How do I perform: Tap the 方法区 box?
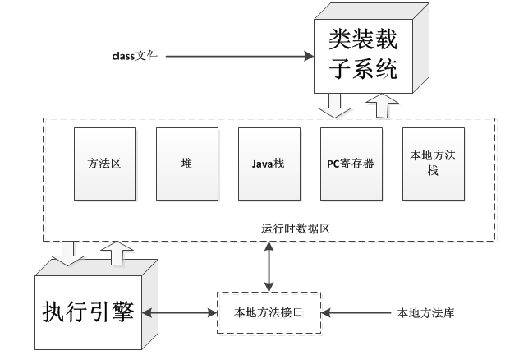click(103, 164)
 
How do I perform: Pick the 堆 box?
click(186, 164)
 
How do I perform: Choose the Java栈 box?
click(269, 164)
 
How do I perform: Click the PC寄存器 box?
click(351, 164)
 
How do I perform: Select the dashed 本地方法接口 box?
click(268, 312)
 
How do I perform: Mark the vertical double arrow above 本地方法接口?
click(268, 266)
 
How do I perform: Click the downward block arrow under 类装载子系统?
click(335, 105)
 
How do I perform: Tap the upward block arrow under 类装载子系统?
click(382, 105)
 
